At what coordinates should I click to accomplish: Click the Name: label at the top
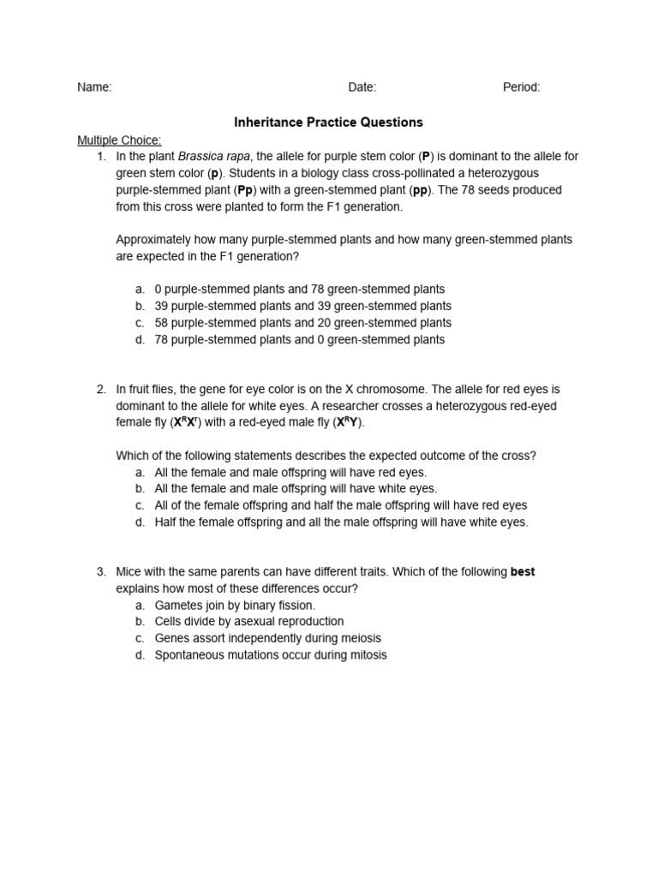coord(94,87)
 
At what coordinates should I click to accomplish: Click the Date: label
coord(362,87)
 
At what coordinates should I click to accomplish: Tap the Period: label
coord(521,87)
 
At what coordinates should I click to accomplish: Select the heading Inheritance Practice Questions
coord(328,122)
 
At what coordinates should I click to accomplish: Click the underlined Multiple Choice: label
coord(119,140)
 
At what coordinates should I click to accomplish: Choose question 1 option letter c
coord(140,323)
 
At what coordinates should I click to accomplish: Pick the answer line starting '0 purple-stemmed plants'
coord(299,289)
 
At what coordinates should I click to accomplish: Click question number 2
coord(101,389)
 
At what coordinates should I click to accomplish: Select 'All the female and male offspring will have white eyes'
coord(296,488)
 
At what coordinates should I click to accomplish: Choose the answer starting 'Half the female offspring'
coord(341,522)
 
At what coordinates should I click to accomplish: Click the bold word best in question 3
coord(523,571)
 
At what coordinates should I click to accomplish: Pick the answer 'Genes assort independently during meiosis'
coord(267,638)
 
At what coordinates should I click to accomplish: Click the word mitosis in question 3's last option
coord(367,655)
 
